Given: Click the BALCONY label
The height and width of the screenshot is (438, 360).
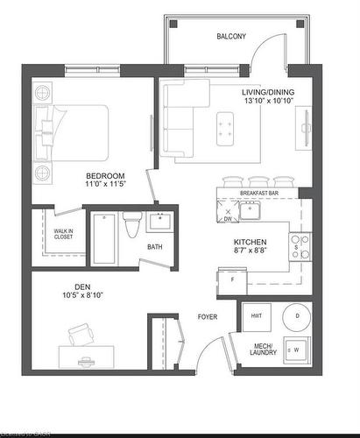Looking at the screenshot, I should (x=232, y=37).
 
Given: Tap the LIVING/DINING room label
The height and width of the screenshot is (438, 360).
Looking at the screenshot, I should (x=268, y=93).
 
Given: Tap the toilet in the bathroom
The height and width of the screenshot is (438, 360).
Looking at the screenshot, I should (x=131, y=227).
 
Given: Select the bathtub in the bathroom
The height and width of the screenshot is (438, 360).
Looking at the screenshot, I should (x=103, y=237).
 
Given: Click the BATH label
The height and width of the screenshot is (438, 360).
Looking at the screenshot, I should (x=155, y=247).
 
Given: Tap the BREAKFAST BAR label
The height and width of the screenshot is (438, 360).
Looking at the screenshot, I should (x=258, y=193).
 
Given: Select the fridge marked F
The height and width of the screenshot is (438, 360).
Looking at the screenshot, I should (x=231, y=279).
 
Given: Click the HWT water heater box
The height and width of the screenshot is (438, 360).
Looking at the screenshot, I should (x=257, y=316).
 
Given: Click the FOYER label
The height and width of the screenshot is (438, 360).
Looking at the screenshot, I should (x=207, y=316).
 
